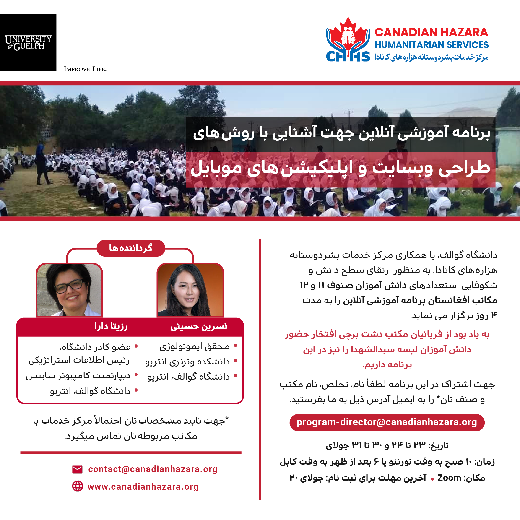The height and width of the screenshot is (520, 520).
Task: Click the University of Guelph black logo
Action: point(28,42)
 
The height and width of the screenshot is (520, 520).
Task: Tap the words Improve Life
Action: point(85,69)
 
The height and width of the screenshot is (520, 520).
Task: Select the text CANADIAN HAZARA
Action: point(431,32)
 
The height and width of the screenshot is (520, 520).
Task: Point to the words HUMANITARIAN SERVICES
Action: point(432,45)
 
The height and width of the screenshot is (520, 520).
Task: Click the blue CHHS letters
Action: point(348,57)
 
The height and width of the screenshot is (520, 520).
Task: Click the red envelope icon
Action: point(78,469)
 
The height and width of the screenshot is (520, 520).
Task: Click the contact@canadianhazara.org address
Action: point(153,469)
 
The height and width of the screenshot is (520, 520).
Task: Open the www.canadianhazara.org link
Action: point(143,487)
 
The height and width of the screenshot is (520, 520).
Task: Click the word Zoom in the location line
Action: point(449,478)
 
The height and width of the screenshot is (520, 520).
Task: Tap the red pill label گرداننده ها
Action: point(131,248)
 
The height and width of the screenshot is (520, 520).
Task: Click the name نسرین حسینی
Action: point(199,326)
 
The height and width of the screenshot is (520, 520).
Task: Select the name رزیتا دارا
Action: point(111,326)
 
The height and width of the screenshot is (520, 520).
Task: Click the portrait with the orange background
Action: point(190,290)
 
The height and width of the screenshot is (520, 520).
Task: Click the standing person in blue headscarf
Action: point(41,164)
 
